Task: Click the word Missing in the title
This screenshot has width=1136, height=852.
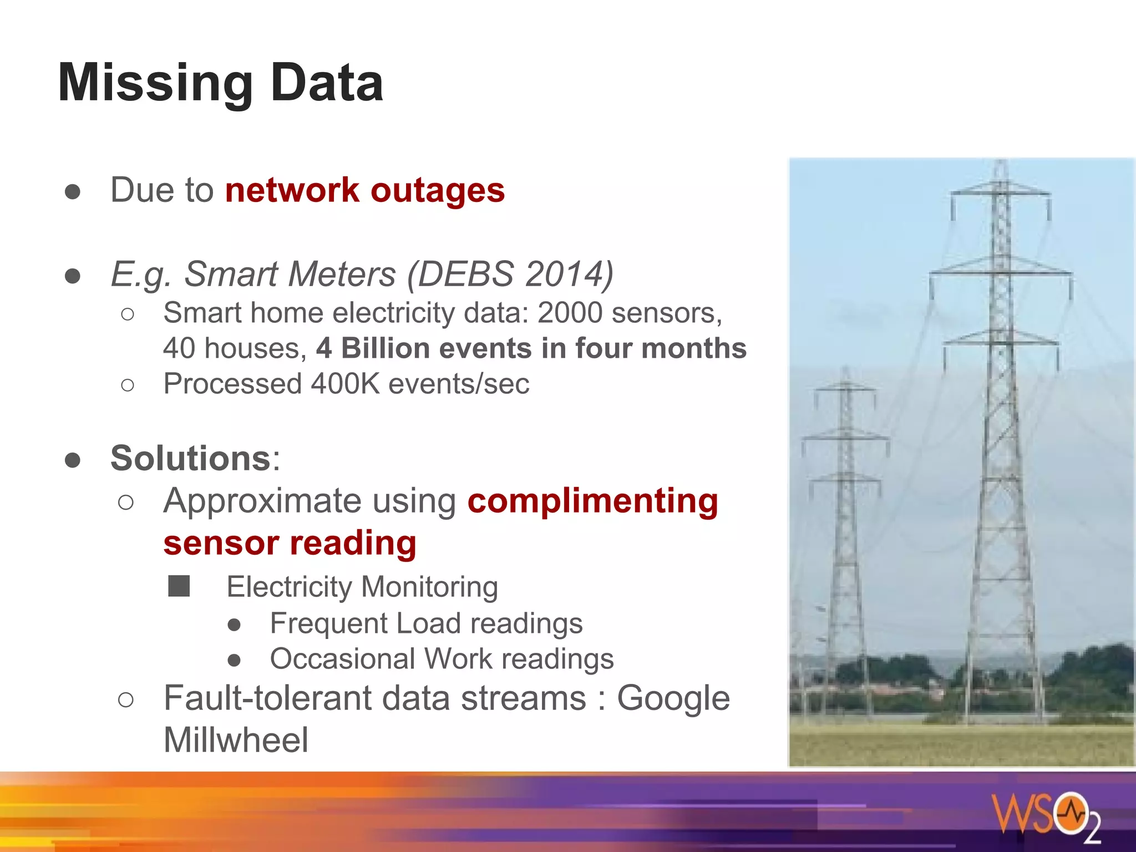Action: point(155,83)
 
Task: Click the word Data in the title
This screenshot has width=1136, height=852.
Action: point(327,83)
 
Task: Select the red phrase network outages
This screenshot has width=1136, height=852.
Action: point(365,190)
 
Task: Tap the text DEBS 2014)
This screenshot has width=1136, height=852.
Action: point(511,274)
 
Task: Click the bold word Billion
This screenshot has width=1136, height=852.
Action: point(386,348)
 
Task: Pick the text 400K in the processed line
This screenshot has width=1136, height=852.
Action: point(345,384)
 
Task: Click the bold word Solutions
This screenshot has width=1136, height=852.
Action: point(190,458)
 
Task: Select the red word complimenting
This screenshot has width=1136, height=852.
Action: point(592,501)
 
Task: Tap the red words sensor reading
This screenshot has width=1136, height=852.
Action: point(290,542)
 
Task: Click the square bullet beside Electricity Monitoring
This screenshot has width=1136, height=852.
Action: point(179,586)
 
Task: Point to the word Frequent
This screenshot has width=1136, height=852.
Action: point(328,623)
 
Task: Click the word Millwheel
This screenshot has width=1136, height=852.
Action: point(236,740)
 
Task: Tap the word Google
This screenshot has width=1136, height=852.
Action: point(673,698)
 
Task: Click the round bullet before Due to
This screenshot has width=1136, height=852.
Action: point(73,191)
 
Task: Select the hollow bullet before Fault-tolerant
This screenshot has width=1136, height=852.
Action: point(126,699)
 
